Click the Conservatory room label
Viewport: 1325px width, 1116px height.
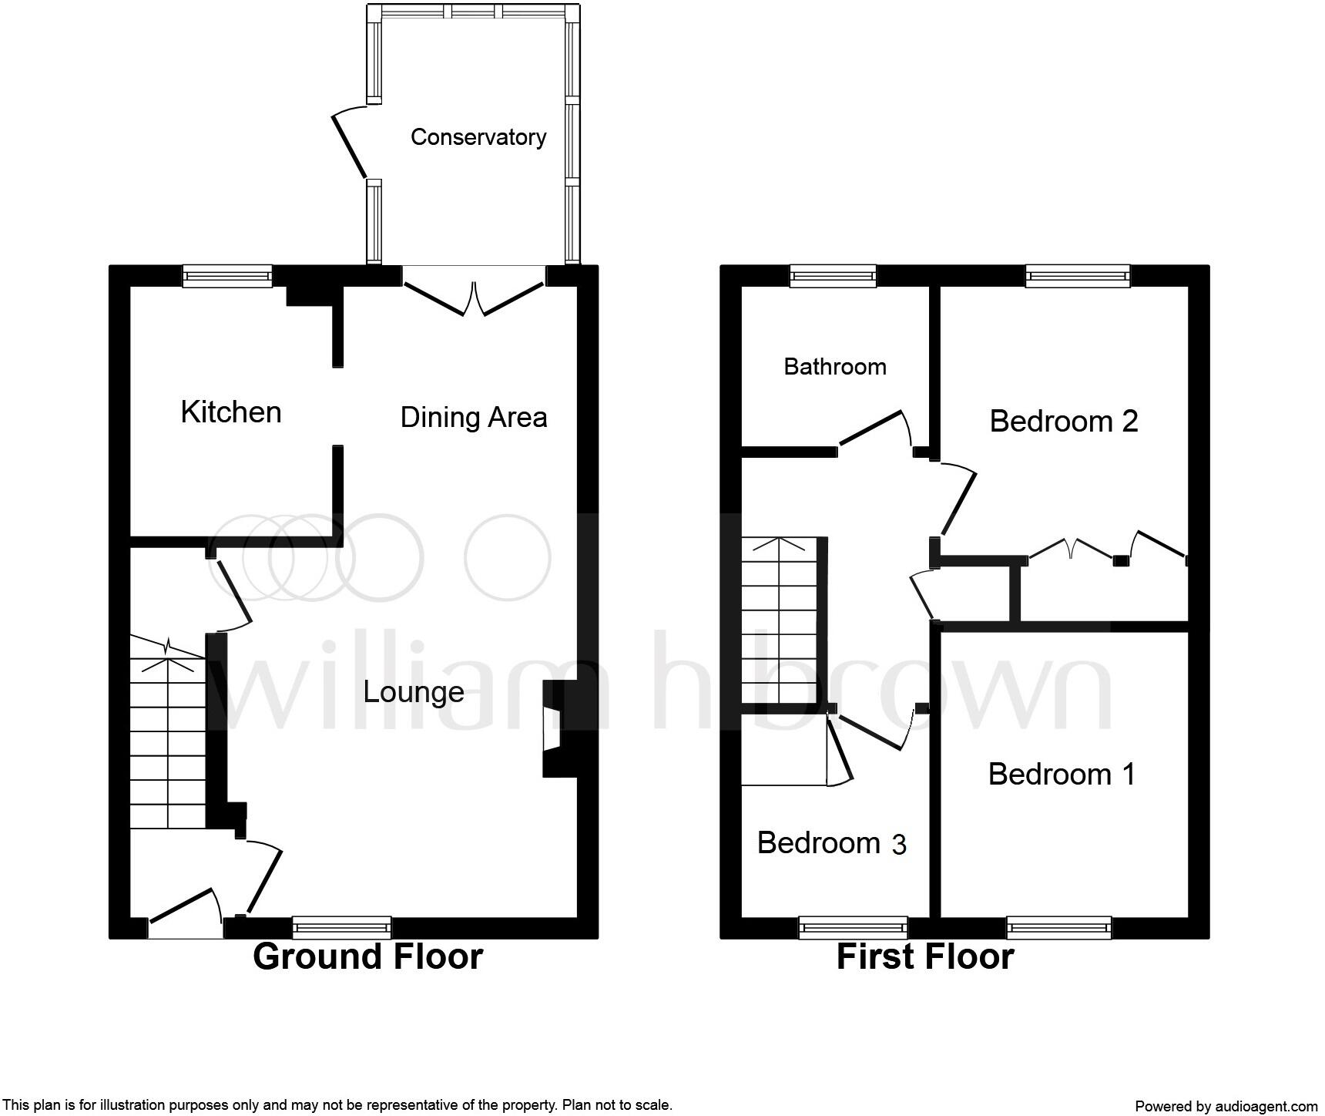pos(478,137)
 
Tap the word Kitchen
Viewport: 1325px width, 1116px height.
pos(230,412)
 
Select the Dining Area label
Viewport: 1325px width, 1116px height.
pos(473,418)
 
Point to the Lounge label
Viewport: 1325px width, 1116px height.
pos(413,692)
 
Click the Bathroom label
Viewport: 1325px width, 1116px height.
pos(834,366)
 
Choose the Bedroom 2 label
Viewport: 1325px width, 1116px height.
pos(1063,422)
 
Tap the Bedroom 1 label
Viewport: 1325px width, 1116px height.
pos(1062,774)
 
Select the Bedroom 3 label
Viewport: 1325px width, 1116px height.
pos(831,843)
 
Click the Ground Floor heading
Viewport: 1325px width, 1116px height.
pos(367,956)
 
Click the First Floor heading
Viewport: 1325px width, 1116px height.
pos(924,956)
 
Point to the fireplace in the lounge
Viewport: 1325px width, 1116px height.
pos(556,728)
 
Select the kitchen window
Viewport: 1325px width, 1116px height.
pos(227,276)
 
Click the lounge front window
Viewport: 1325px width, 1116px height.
pos(341,927)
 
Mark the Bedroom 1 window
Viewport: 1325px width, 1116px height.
pos(1058,927)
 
